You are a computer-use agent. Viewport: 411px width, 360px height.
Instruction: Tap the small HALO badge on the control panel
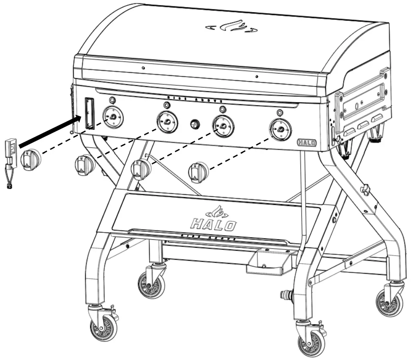pyautogui.click(x=307, y=142)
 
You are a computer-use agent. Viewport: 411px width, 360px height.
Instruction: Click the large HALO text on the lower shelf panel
pyautogui.click(x=214, y=224)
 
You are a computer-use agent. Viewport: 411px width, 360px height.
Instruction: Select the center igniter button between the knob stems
pyautogui.click(x=195, y=124)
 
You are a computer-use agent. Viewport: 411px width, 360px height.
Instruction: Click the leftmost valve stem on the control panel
pyautogui.click(x=113, y=118)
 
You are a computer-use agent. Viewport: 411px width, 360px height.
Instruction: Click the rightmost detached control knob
pyautogui.click(x=198, y=171)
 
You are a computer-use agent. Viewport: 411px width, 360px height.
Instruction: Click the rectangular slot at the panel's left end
pyautogui.click(x=90, y=113)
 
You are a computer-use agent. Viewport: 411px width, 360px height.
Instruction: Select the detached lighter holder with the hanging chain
pyautogui.click(x=11, y=156)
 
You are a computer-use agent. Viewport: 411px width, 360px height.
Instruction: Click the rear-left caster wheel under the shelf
pyautogui.click(x=151, y=284)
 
